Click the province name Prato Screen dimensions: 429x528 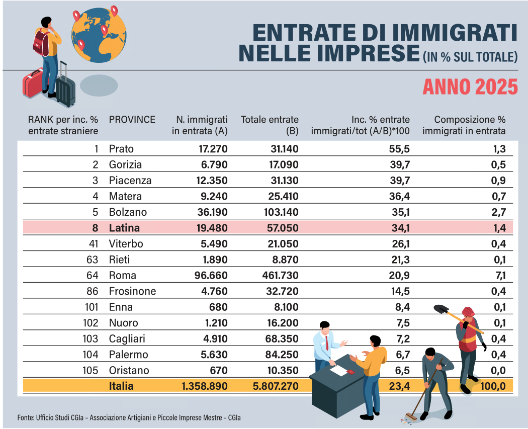tap(121, 149)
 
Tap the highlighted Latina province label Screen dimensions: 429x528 tap(124, 228)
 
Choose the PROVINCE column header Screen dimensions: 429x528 tap(132, 120)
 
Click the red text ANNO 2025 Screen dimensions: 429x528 tap(470, 87)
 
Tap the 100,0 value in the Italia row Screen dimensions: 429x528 tap(493, 386)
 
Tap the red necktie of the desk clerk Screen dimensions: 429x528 tap(327, 344)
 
